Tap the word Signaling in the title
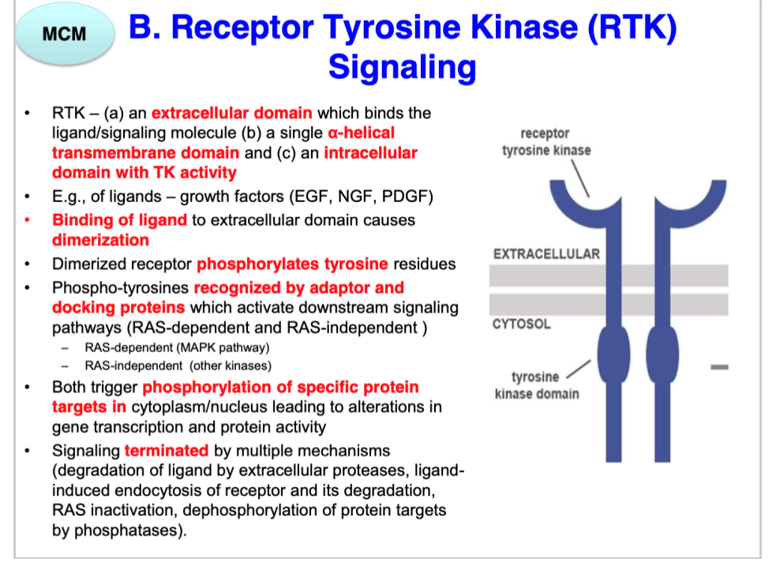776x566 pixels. (402, 66)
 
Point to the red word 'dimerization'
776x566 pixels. (100, 240)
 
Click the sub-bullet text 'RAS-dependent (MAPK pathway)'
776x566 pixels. (178, 347)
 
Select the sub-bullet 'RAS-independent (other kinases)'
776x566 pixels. (178, 365)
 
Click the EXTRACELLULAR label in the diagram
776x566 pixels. (546, 254)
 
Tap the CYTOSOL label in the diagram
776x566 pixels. (522, 324)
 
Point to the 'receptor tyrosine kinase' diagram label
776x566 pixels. (545, 142)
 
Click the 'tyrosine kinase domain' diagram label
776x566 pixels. (536, 385)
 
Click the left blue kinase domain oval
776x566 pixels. (611, 350)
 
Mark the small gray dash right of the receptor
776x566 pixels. (718, 366)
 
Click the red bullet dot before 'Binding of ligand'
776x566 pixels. (29, 220)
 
